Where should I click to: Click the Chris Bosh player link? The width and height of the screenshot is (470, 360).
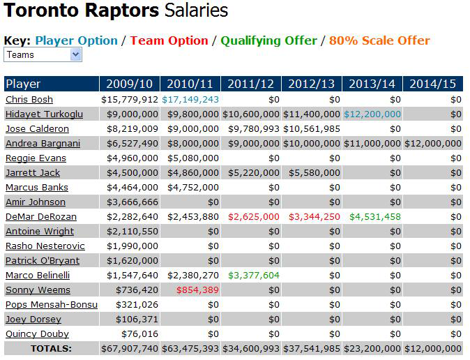pos(29,100)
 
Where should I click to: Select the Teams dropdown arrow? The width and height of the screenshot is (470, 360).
pos(76,54)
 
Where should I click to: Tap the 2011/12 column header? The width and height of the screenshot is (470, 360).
pos(251,84)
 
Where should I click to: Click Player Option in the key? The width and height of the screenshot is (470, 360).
pos(76,40)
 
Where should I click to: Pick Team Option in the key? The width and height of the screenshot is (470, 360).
pos(169,40)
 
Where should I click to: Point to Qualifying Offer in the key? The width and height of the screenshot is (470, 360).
pos(268,40)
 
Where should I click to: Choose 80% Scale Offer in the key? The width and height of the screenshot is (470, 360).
pos(380,40)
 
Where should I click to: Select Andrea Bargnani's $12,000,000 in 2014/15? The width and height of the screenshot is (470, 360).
pos(433,144)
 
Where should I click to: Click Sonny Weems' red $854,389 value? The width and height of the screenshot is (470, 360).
pos(197,290)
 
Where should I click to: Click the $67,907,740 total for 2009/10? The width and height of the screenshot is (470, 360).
pos(130,349)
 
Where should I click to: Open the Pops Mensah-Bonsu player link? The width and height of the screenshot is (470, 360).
pos(51,305)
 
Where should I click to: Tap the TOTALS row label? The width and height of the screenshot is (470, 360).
pos(50,349)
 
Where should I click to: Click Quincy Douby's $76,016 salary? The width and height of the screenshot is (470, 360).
pos(140,334)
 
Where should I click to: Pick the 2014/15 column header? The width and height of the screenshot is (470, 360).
pos(433,84)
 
